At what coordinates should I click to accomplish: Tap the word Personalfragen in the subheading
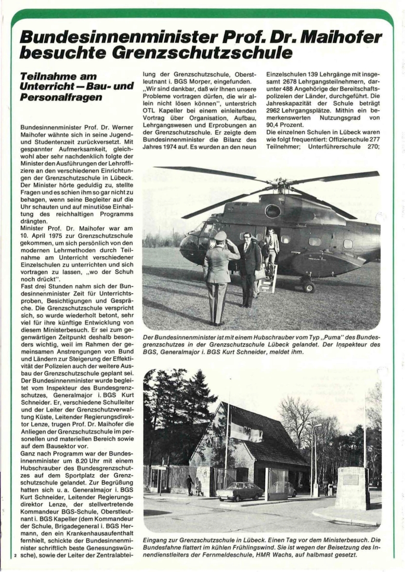pyautogui.click(x=61, y=98)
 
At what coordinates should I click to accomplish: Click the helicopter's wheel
pyautogui.click(x=309, y=287)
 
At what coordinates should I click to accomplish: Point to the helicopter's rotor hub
pyautogui.click(x=279, y=183)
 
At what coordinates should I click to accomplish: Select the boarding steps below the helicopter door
pyautogui.click(x=269, y=279)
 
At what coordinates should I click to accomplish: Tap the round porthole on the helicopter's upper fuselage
pyautogui.click(x=272, y=211)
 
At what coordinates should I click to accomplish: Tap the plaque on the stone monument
pyautogui.click(x=351, y=479)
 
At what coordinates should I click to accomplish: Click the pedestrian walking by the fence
pyautogui.click(x=190, y=485)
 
